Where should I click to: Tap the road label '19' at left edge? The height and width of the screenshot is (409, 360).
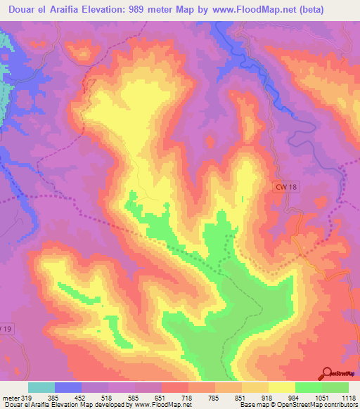(6, 328)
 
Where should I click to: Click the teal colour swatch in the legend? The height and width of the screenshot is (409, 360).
(41, 387)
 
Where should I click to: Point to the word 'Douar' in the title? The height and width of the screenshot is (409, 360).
(21, 8)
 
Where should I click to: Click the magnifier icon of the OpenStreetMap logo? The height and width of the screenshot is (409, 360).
(326, 372)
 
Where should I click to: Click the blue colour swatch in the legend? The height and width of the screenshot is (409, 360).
(68, 387)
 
